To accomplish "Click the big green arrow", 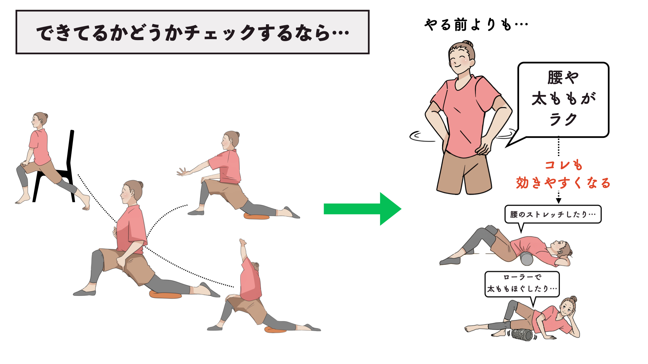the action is point(362,209).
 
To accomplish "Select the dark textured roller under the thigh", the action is point(522,335).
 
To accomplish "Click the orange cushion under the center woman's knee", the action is point(165,295).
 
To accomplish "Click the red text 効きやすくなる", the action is point(563,183).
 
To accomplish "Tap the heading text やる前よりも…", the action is point(476,25).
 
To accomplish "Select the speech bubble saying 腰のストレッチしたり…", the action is point(553,214).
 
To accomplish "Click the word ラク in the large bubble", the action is point(563,119).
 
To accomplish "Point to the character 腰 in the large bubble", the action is point(555,78).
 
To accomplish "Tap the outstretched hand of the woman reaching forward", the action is point(183,172).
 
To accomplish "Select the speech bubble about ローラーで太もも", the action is point(522,284).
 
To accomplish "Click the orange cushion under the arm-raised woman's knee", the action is point(275,330).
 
